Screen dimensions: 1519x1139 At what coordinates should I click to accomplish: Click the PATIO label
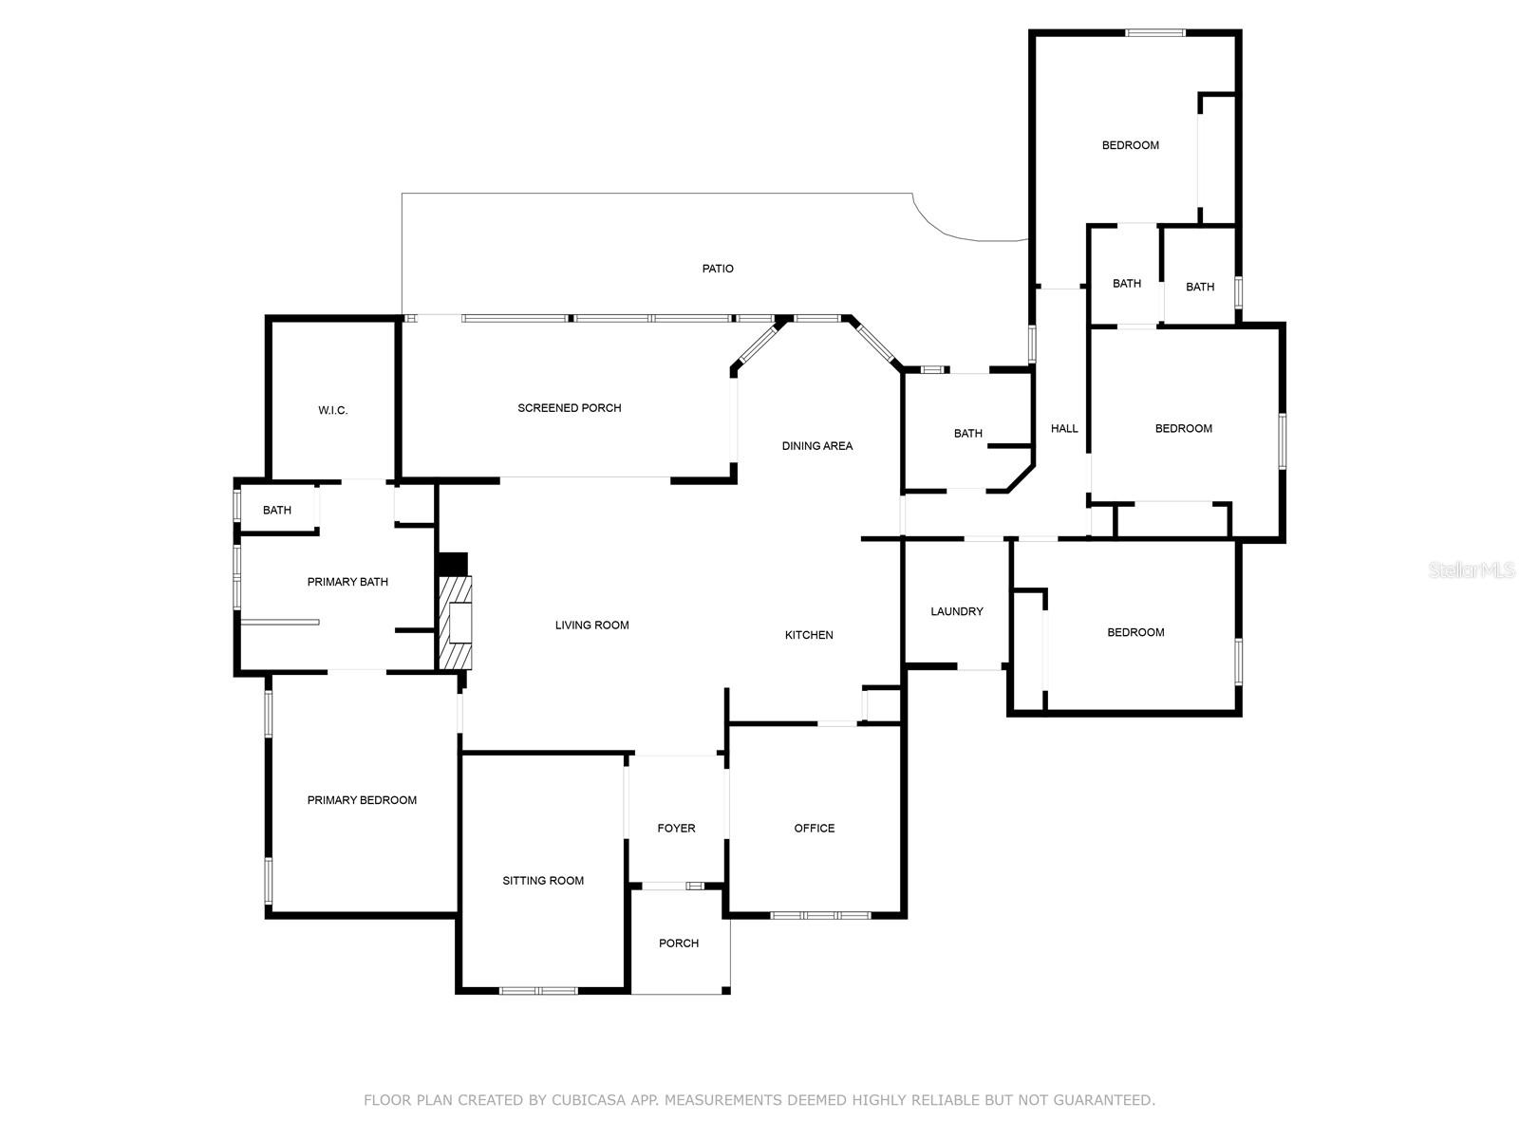click(717, 269)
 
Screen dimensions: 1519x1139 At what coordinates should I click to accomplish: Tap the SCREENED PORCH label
click(569, 408)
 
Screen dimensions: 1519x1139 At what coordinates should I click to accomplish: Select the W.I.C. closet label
click(332, 410)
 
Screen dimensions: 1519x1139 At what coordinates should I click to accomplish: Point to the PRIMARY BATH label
click(347, 582)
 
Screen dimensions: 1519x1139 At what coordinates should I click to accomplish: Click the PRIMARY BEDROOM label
click(362, 800)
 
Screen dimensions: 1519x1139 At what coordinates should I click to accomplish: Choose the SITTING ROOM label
click(542, 881)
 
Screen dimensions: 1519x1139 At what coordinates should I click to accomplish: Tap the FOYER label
click(675, 828)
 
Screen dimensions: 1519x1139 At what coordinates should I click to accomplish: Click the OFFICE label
click(814, 828)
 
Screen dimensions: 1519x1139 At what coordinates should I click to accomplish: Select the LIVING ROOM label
click(591, 626)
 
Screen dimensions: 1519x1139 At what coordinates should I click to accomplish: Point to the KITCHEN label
click(808, 635)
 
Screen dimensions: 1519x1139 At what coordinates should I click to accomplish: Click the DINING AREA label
click(816, 446)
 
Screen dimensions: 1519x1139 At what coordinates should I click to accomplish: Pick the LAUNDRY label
click(956, 611)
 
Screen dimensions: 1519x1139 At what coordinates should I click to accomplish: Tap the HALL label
click(1063, 429)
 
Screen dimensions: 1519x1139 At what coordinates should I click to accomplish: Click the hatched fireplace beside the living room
click(456, 623)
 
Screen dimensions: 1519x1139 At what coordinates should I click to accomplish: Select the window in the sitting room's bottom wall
click(538, 991)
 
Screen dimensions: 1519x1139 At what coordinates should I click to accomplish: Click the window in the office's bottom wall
click(820, 916)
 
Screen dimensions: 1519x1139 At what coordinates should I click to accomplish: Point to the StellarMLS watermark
click(1472, 569)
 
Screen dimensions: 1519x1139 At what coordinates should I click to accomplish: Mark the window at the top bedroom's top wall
click(1154, 32)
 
